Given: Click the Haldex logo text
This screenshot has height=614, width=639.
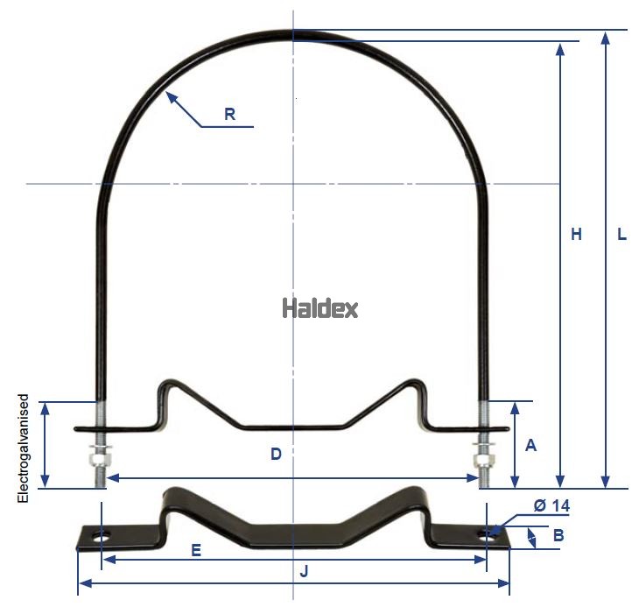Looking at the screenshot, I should pyautogui.click(x=319, y=308).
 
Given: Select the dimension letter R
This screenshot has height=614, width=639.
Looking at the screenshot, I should pyautogui.click(x=229, y=114).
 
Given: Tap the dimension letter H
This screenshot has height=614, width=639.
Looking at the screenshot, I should pyautogui.click(x=576, y=235).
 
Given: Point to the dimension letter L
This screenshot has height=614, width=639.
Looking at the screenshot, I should pyautogui.click(x=621, y=235).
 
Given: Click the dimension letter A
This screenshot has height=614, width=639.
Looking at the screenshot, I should pyautogui.click(x=530, y=445).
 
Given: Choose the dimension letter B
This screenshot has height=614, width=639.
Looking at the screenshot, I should pyautogui.click(x=558, y=533).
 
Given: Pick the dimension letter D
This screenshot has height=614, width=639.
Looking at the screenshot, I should pyautogui.click(x=275, y=454).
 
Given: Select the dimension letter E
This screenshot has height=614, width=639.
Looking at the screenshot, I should pyautogui.click(x=196, y=550).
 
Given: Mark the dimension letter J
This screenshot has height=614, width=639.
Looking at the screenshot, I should pyautogui.click(x=304, y=571).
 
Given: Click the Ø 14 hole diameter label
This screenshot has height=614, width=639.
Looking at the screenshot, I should pyautogui.click(x=551, y=505).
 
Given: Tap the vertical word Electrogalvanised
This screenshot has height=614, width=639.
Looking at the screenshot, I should pyautogui.click(x=25, y=448).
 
